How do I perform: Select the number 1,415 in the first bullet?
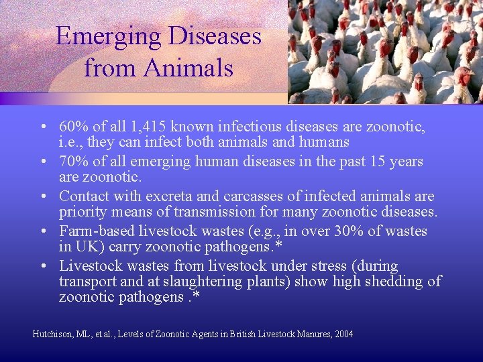(x=146, y=126)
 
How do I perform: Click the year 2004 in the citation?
(x=342, y=334)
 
